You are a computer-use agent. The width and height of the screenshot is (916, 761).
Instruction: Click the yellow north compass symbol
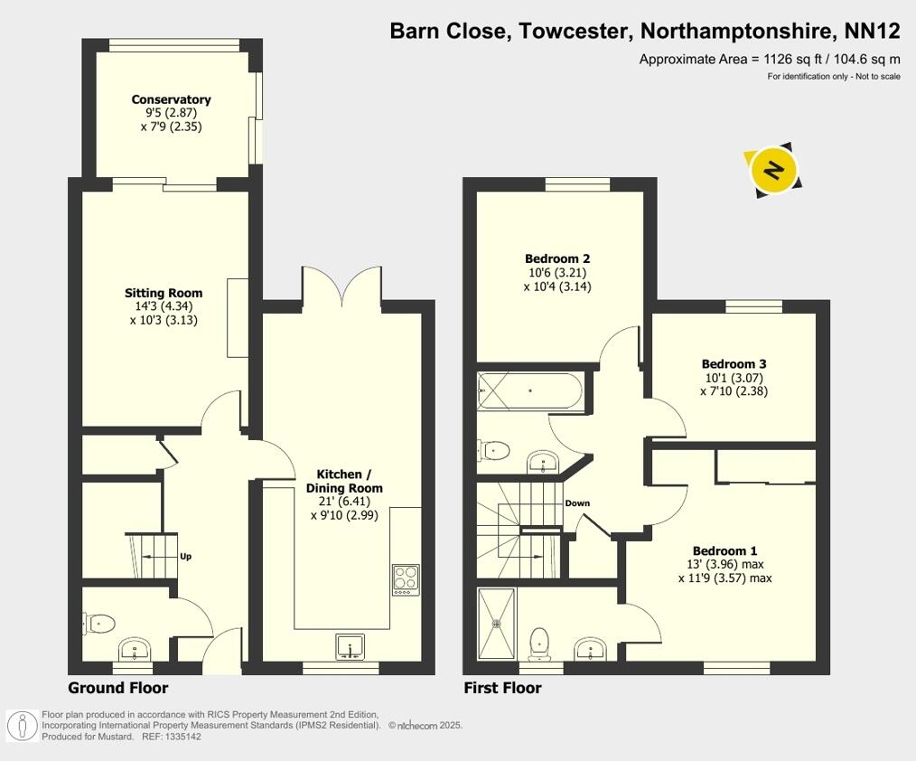774,170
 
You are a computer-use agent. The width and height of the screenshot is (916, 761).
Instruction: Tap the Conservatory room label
171,99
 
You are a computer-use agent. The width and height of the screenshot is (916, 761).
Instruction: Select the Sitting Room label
164,293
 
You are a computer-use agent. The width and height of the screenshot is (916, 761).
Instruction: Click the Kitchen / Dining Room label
350,481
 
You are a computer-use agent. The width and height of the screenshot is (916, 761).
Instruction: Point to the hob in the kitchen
406,578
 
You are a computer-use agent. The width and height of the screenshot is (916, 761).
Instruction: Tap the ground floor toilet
100,623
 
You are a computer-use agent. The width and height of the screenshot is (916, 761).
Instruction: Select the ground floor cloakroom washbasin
135,649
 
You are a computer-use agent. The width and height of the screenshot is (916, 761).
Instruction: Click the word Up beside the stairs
185,557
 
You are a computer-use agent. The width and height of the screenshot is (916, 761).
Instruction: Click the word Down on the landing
577,503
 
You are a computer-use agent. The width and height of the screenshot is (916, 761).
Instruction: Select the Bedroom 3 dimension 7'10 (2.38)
734,391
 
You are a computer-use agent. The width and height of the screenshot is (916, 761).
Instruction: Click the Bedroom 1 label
724,550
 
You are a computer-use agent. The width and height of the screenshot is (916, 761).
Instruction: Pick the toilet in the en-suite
540,642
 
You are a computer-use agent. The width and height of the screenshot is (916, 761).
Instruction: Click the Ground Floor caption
118,688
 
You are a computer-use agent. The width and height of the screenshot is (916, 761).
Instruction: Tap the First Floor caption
502,688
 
